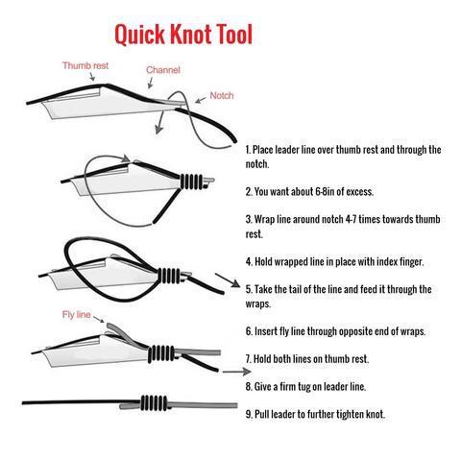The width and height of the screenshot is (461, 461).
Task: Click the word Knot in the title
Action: point(191,34)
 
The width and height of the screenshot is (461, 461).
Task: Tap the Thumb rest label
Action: point(85,65)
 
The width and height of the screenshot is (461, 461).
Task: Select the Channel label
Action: point(163,70)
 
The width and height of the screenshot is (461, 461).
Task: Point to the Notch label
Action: point(222,95)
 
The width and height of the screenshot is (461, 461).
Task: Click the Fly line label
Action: point(77,315)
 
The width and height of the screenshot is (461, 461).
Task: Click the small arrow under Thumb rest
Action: point(92,77)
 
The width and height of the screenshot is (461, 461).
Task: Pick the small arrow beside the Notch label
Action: point(201,100)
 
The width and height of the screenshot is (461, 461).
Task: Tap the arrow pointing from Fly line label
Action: point(99,319)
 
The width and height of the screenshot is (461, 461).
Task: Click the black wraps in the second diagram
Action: point(191,182)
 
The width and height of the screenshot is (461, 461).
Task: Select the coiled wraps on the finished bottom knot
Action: point(154,402)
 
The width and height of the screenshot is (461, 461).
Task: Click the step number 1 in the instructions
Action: point(248,150)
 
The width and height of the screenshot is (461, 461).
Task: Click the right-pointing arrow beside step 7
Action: point(236,372)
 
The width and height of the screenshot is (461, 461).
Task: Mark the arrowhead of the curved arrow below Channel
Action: point(158,130)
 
